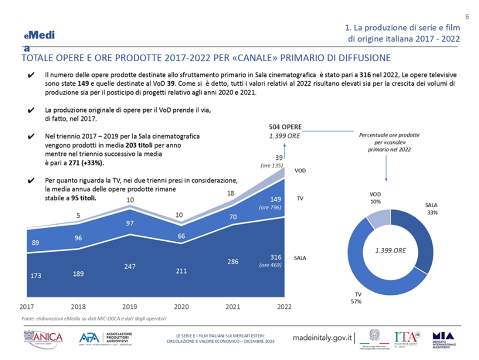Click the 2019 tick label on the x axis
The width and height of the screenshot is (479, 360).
(130, 307)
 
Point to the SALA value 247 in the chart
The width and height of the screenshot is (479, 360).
(130, 266)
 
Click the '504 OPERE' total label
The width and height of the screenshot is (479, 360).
(285, 127)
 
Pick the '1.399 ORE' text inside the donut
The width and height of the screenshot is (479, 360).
(390, 250)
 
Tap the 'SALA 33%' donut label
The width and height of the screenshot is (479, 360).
(432, 209)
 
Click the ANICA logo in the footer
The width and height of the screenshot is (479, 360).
(43, 338)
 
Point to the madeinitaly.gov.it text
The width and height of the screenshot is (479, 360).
(323, 338)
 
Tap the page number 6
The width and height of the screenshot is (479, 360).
(466, 15)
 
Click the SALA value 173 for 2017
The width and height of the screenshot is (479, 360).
(35, 275)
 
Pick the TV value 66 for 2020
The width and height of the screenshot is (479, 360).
(182, 236)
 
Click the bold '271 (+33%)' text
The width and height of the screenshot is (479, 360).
(84, 163)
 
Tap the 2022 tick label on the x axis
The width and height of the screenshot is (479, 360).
(285, 307)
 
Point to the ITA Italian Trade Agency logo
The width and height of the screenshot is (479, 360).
(407, 338)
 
